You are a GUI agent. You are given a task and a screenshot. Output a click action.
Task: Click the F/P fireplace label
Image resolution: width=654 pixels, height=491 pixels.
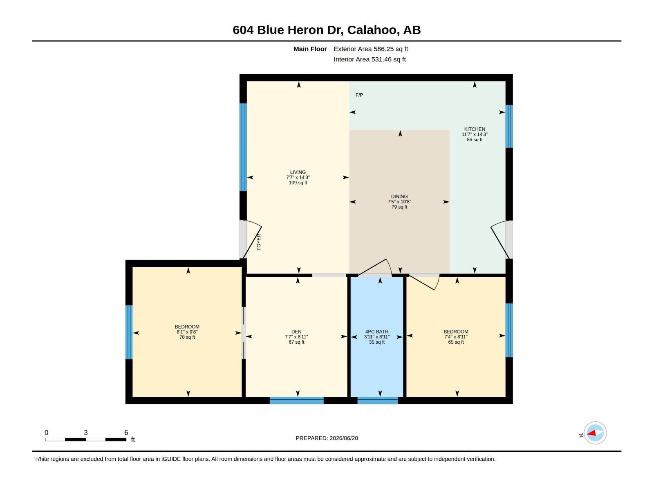359,95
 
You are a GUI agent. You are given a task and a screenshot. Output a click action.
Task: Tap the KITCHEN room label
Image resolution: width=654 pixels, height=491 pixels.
474,129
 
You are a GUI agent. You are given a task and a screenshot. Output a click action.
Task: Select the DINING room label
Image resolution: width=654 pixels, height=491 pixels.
399,196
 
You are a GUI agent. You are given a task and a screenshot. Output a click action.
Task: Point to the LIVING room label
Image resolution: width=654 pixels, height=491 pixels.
298,172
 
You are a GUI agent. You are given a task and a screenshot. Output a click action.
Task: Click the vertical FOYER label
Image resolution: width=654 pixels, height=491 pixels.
259,242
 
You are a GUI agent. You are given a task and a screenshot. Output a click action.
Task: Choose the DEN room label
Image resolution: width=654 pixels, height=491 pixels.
296,331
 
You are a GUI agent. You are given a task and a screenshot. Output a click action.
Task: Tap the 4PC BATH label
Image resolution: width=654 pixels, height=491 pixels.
376,331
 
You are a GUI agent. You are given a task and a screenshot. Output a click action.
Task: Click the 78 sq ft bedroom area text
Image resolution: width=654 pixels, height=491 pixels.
187,337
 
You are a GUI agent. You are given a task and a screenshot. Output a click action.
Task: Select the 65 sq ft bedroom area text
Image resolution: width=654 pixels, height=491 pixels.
456,342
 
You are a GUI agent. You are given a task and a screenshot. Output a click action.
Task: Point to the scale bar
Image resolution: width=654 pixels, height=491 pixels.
85,439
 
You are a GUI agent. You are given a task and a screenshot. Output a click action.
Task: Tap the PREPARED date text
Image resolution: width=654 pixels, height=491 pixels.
327,438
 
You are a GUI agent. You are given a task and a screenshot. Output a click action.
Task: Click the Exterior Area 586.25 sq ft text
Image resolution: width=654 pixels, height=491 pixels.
371,49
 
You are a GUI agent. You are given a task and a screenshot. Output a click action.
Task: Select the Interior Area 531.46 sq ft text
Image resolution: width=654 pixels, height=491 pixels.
370,59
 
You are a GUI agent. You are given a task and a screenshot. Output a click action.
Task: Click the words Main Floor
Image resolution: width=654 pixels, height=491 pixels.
310,49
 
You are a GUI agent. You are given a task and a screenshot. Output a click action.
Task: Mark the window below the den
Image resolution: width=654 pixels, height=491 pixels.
296,401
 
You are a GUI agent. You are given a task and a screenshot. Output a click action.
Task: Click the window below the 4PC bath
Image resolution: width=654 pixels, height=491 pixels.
378,401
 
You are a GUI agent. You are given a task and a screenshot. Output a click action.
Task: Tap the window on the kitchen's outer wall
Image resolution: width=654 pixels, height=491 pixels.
509,126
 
